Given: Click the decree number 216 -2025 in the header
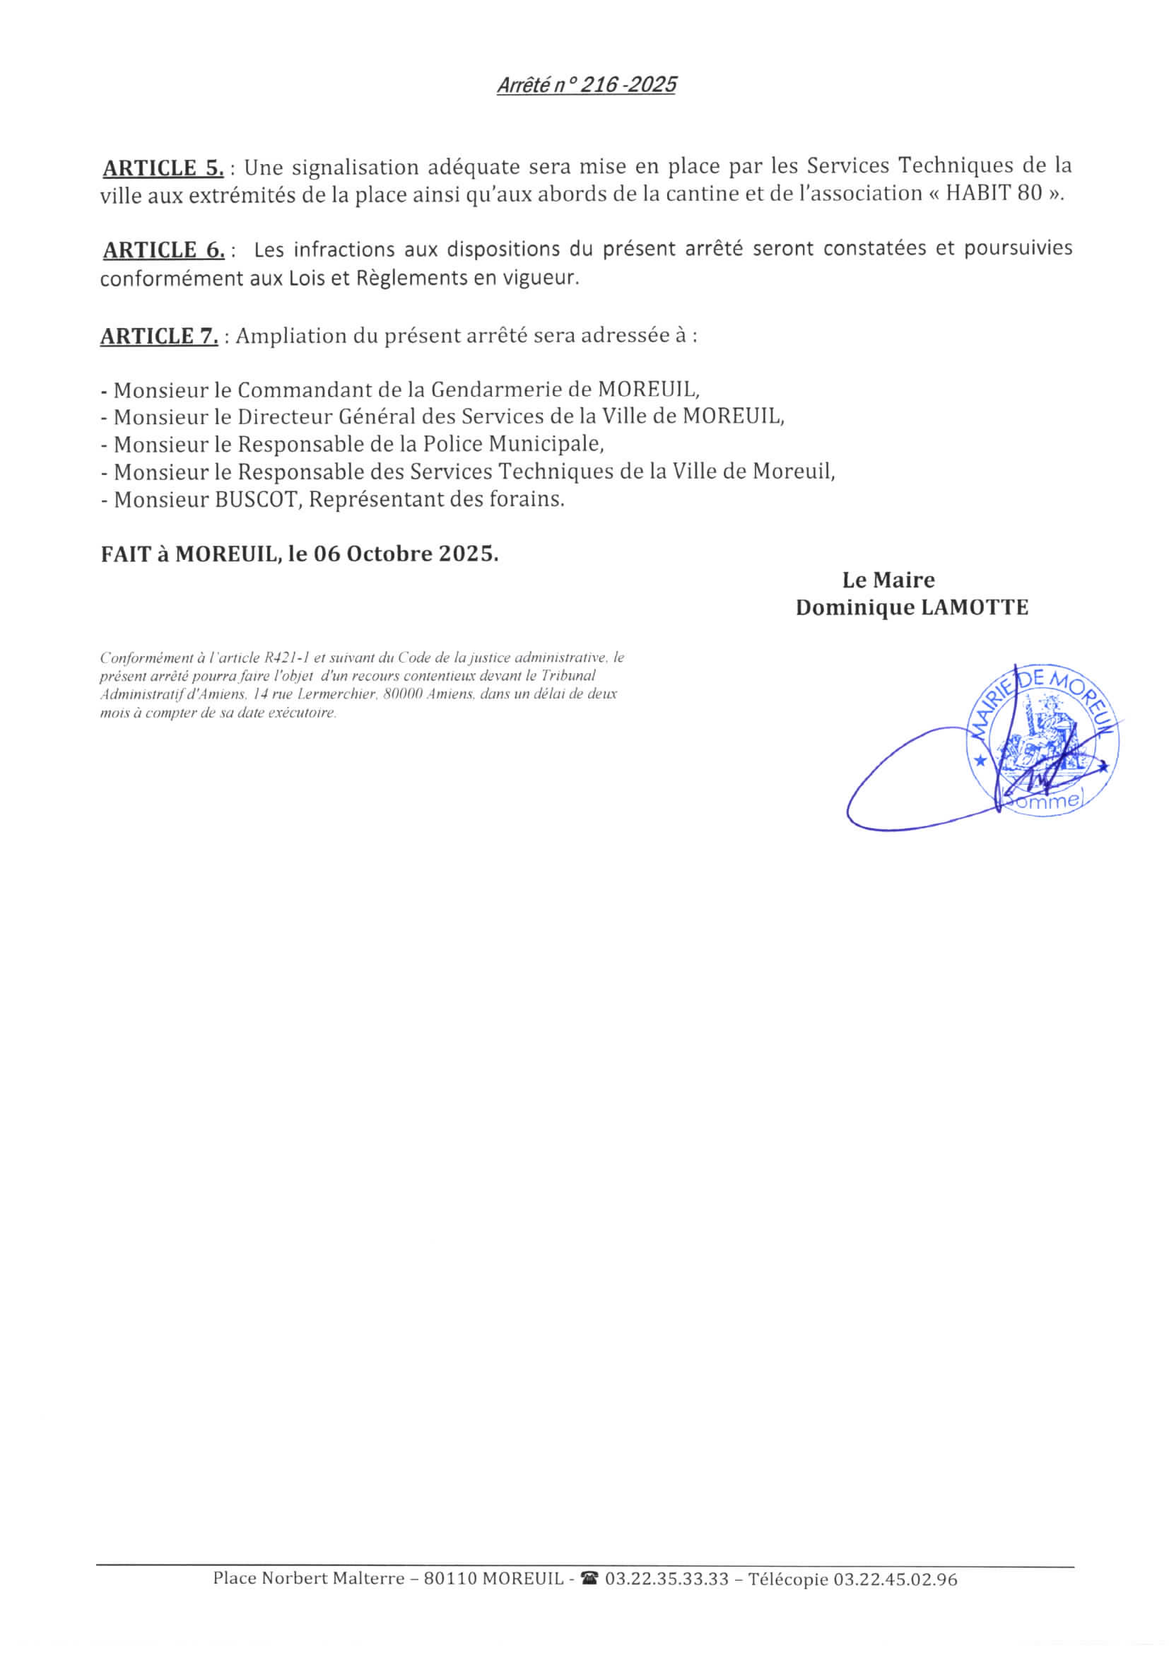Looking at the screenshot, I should [628, 86].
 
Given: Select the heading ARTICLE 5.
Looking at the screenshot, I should [163, 168].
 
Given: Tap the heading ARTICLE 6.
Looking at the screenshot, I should [163, 250].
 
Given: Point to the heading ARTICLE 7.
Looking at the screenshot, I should [158, 337].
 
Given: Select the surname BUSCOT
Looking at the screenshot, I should [256, 499].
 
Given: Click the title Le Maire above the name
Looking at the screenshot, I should [888, 580].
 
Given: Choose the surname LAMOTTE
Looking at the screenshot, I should [975, 607].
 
